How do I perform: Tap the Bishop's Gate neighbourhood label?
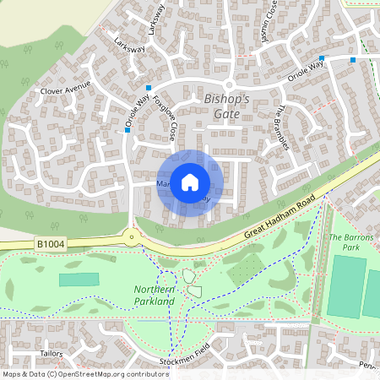coord(227,106)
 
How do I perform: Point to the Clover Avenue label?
coord(65,88)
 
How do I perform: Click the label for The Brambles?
coord(284,127)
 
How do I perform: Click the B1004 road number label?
coord(51,244)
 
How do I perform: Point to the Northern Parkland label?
coord(154,295)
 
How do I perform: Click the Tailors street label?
coord(28,354)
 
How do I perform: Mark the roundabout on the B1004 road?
coord(132,237)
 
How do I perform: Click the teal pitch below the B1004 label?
coord(79,280)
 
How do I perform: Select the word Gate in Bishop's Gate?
coord(227,113)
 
